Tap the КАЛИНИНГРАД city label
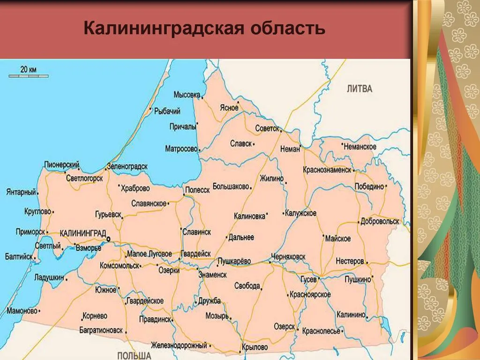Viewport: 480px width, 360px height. [x=83, y=233]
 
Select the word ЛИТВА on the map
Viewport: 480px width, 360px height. [x=360, y=88]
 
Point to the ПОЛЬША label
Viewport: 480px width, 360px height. [x=134, y=355]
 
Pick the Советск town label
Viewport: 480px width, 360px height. [x=267, y=128]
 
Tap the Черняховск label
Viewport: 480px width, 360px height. [x=288, y=257]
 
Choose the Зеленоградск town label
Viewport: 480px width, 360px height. [x=127, y=166]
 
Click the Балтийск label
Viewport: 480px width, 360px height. [x=19, y=257]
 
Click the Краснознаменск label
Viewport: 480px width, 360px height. [x=327, y=170]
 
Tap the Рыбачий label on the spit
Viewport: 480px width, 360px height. [x=167, y=111]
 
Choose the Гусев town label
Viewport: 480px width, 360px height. [x=308, y=279]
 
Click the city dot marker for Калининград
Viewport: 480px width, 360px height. [x=108, y=239]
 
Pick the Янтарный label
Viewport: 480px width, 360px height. [x=22, y=192]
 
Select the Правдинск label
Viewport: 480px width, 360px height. [x=155, y=320]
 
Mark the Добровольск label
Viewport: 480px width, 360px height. [x=380, y=221]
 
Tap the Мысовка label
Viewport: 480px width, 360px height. [x=187, y=94]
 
